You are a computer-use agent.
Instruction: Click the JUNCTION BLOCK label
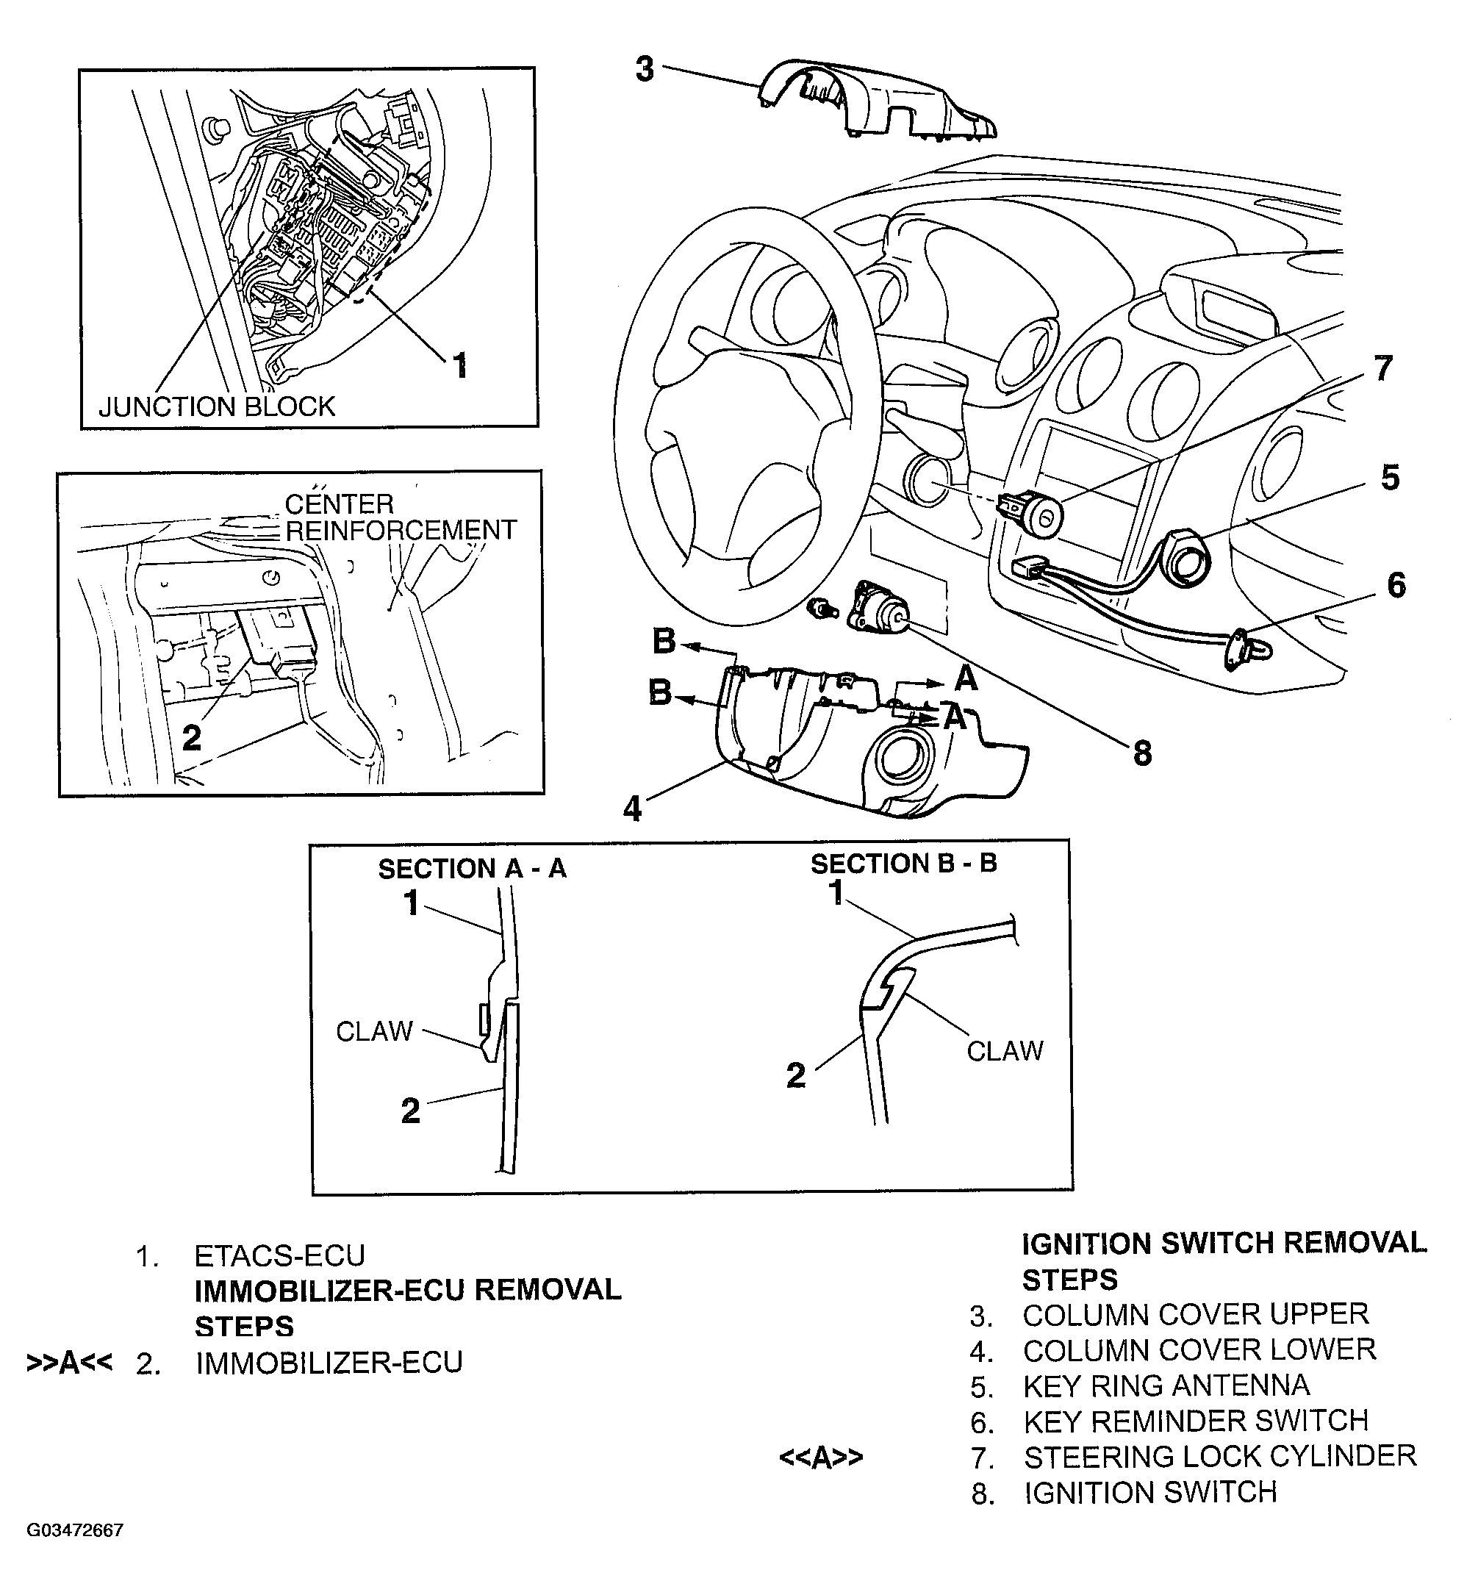(x=216, y=407)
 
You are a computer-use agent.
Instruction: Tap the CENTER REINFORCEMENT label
(x=400, y=517)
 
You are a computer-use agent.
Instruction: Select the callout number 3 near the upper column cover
(x=645, y=70)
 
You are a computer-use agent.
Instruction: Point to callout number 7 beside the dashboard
(x=1383, y=369)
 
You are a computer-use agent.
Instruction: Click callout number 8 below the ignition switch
(x=1142, y=753)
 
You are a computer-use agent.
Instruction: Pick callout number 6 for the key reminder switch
(x=1396, y=585)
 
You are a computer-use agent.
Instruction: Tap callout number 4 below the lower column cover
(x=632, y=808)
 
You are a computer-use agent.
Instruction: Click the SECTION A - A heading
(x=472, y=869)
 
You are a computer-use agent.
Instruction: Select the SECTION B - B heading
(x=904, y=864)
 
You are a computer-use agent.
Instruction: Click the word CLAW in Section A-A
(x=373, y=1031)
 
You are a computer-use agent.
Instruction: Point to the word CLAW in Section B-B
(x=1005, y=1050)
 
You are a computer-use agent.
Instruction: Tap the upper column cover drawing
(x=880, y=100)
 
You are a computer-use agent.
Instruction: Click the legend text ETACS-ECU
(x=279, y=1256)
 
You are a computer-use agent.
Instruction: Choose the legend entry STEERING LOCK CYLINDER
(x=1220, y=1456)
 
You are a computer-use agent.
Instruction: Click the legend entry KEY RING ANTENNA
(x=1166, y=1385)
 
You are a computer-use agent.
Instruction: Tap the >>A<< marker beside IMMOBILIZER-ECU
(x=69, y=1363)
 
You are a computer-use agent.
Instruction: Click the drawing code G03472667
(x=75, y=1530)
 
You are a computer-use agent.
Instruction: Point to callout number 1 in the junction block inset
(x=460, y=365)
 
